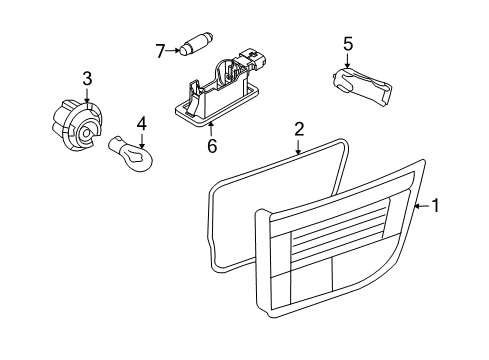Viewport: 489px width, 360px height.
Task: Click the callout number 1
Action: [x=435, y=207]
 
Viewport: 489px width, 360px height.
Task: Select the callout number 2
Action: [x=298, y=129]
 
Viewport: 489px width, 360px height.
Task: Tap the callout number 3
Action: [x=87, y=78]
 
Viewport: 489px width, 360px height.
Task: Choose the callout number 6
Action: [x=211, y=145]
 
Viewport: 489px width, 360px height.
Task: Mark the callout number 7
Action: [x=159, y=49]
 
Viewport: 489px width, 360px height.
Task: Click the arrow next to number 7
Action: [x=172, y=49]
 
